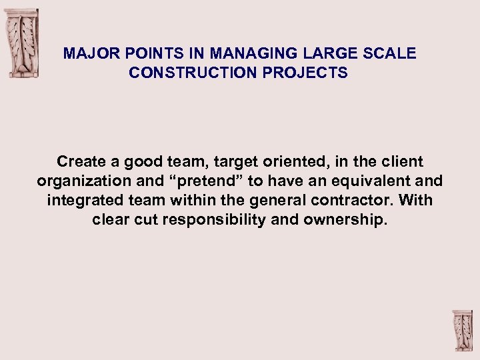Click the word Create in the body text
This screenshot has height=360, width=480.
point(80,161)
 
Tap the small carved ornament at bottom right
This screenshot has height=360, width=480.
point(461,331)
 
